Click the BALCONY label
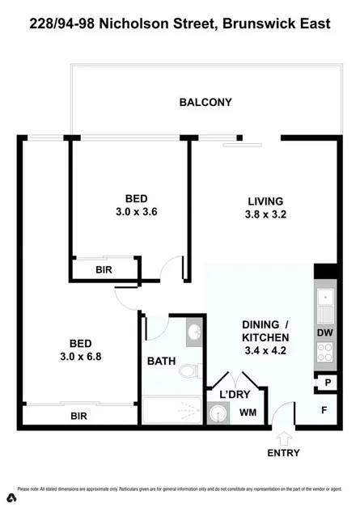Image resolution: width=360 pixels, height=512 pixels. click(205, 103)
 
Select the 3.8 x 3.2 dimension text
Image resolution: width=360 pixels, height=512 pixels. click(265, 215)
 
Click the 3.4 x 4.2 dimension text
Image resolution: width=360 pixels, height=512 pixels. click(265, 353)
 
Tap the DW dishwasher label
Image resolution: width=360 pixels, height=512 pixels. click(325, 332)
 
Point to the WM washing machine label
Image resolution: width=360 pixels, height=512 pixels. click(248, 413)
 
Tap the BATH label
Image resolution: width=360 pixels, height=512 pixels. click(160, 362)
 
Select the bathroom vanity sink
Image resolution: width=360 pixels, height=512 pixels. click(193, 332)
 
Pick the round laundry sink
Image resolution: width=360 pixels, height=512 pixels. click(217, 414)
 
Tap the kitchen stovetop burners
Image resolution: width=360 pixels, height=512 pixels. click(325, 353)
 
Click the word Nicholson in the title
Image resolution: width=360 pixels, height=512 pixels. click(155, 24)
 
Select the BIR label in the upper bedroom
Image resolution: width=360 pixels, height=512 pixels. click(104, 270)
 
